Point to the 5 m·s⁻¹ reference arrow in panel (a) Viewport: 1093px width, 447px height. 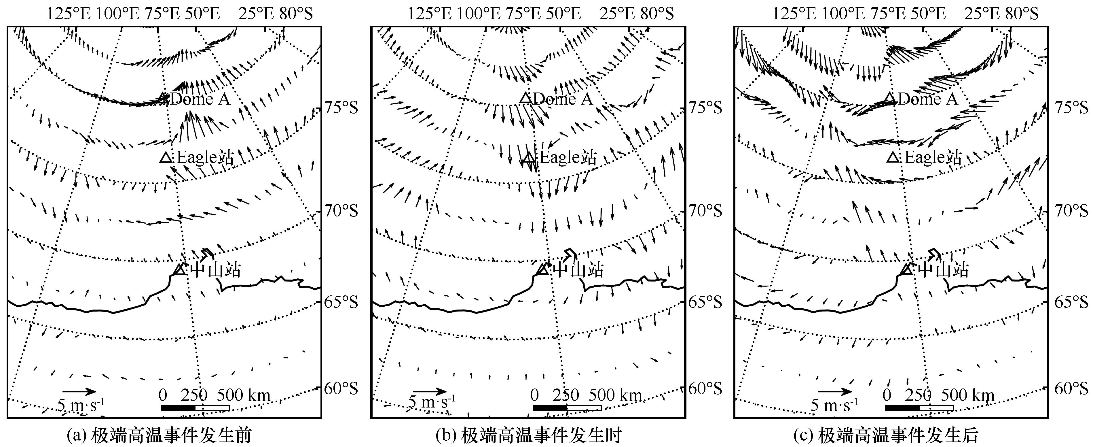pyautogui.click(x=79, y=391)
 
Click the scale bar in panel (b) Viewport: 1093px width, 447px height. pyautogui.click(x=567, y=408)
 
